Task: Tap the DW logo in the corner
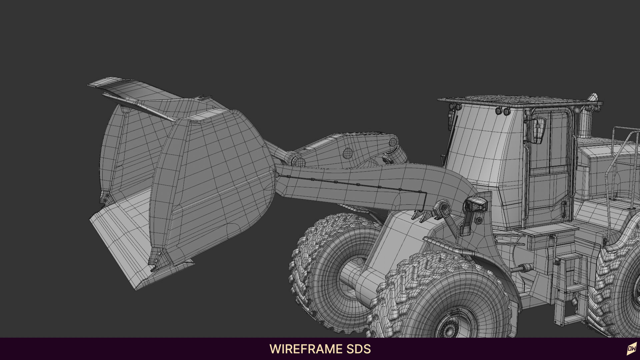point(631,349)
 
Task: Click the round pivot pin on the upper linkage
point(348,153)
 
